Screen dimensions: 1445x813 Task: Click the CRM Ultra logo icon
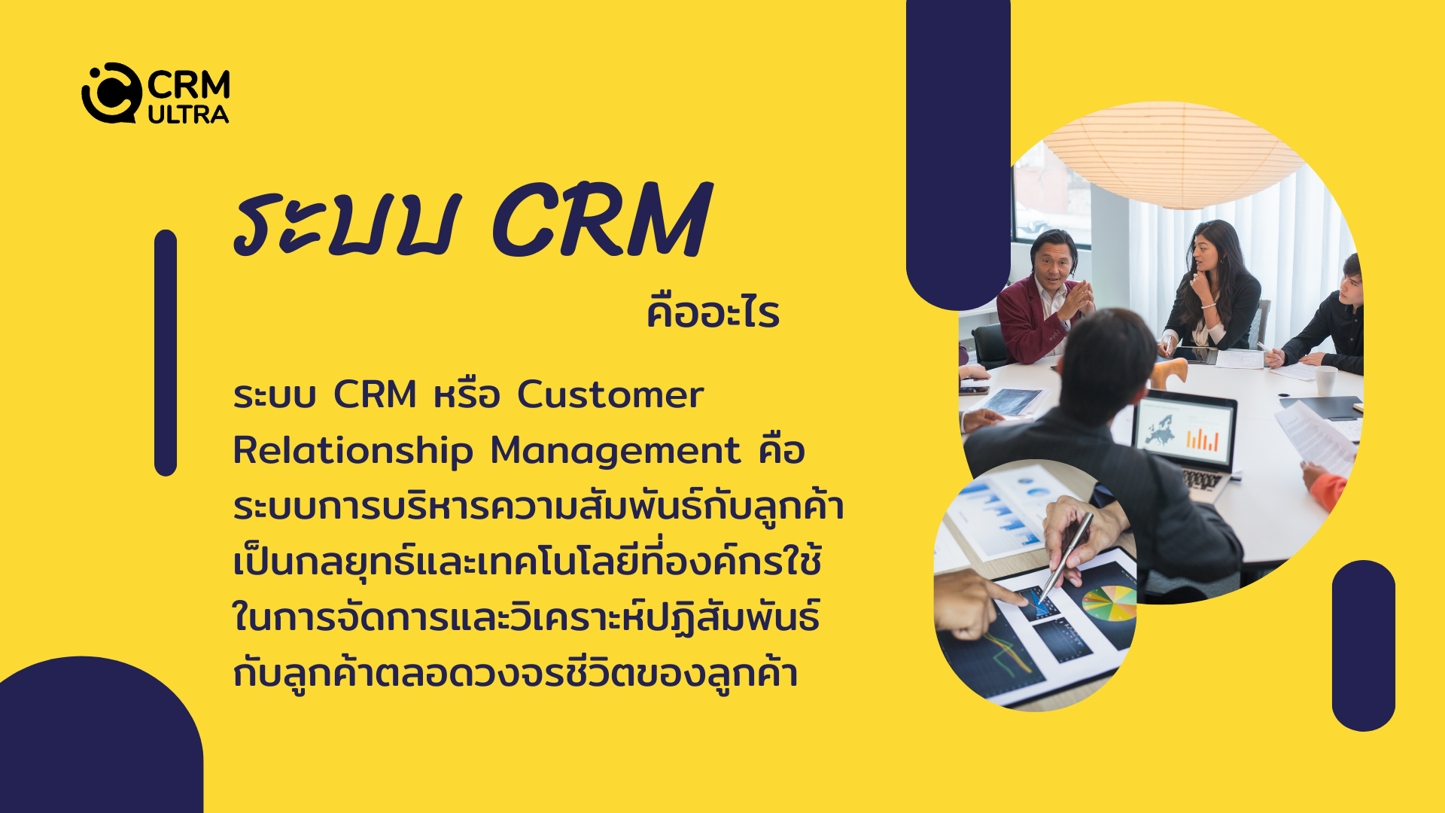(x=111, y=93)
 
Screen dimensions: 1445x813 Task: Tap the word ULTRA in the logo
(x=188, y=114)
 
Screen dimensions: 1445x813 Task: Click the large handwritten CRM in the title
(x=601, y=221)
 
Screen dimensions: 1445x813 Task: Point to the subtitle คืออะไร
(x=713, y=312)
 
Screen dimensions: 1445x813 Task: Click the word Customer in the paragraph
(x=610, y=395)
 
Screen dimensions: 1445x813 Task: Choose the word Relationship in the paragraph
(x=353, y=451)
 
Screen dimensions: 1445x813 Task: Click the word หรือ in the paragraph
(x=467, y=394)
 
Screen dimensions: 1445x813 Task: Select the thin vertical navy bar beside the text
(x=166, y=353)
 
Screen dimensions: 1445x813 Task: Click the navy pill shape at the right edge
(x=1363, y=645)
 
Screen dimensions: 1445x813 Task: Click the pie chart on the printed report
(x=1109, y=603)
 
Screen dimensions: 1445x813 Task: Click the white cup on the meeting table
(x=1326, y=381)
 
